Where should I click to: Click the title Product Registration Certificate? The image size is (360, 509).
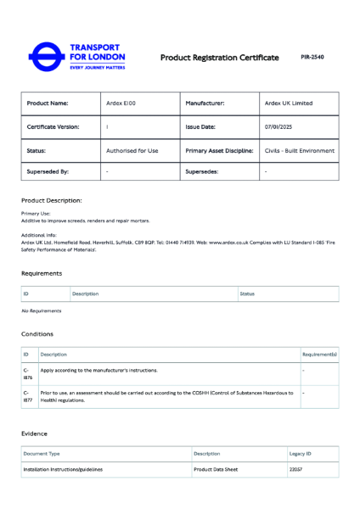(219, 58)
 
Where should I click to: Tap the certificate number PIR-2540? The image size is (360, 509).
(312, 58)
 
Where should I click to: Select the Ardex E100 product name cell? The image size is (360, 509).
(120, 103)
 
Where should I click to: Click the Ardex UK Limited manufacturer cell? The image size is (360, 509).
(288, 103)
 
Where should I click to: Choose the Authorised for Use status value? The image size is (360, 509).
(132, 150)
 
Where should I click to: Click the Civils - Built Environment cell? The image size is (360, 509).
(299, 150)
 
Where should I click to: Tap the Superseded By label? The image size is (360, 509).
(48, 171)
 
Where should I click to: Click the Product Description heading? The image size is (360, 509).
(52, 200)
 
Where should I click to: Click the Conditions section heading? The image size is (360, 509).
(37, 334)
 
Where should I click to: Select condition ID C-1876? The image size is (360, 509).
(28, 373)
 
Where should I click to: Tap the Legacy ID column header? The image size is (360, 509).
(301, 454)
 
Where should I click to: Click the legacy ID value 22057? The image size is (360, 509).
(296, 469)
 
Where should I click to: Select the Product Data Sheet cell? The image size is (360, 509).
(216, 469)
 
